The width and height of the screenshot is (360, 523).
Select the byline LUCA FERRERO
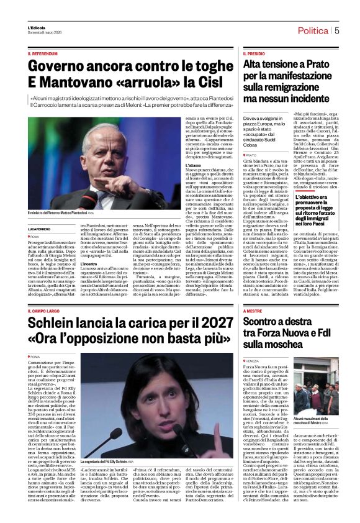tap(43, 229)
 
